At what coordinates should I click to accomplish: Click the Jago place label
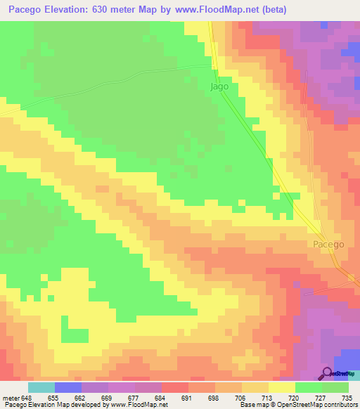pyautogui.click(x=219, y=86)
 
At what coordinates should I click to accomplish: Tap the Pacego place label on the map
pyautogui.click(x=328, y=244)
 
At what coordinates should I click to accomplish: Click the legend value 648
pyautogui.click(x=27, y=398)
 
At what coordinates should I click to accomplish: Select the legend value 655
pyautogui.click(x=53, y=398)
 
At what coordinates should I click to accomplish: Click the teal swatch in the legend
pyautogui.click(x=41, y=387)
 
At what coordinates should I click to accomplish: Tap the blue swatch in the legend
pyautogui.click(x=68, y=387)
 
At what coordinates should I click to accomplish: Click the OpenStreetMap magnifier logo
pyautogui.click(x=327, y=373)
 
